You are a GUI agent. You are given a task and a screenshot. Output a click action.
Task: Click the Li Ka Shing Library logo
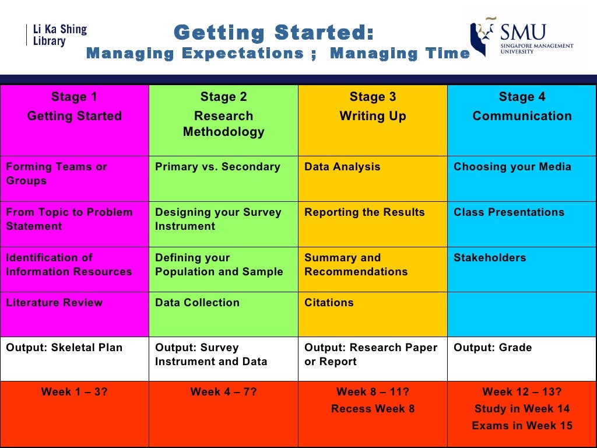click(x=57, y=35)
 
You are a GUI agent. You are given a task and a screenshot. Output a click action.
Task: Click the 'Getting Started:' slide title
click(x=273, y=33)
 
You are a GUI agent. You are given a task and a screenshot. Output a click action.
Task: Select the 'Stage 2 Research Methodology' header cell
click(x=223, y=120)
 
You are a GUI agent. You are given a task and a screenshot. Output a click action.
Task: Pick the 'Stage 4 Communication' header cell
click(x=522, y=120)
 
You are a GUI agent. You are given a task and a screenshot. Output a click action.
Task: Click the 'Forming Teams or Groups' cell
click(x=75, y=178)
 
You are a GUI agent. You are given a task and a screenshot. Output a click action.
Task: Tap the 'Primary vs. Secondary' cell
click(x=223, y=178)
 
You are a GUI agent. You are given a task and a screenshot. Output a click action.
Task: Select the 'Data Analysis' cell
click(x=373, y=178)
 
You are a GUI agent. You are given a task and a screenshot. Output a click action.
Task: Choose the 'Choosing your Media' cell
click(x=522, y=178)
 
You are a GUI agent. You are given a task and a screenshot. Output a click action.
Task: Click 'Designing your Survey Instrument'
click(x=223, y=224)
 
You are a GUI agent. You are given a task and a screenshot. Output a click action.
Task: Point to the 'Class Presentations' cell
click(x=522, y=224)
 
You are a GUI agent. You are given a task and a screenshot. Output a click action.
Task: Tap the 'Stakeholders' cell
click(x=522, y=269)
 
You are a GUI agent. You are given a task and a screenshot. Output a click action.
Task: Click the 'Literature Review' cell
click(x=75, y=314)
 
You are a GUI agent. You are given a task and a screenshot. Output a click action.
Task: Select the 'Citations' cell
click(x=373, y=314)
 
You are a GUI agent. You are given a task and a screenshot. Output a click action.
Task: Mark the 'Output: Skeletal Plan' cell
click(x=75, y=359)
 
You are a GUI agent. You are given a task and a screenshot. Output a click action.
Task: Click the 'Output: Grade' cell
click(x=522, y=359)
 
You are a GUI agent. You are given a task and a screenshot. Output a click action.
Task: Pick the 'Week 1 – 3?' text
click(x=75, y=392)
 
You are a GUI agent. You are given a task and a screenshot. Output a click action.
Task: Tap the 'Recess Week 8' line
click(x=373, y=409)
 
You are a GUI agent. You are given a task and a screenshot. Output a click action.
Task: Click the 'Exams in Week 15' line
click(x=522, y=426)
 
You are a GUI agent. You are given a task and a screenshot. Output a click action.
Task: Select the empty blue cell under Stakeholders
click(x=522, y=314)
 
